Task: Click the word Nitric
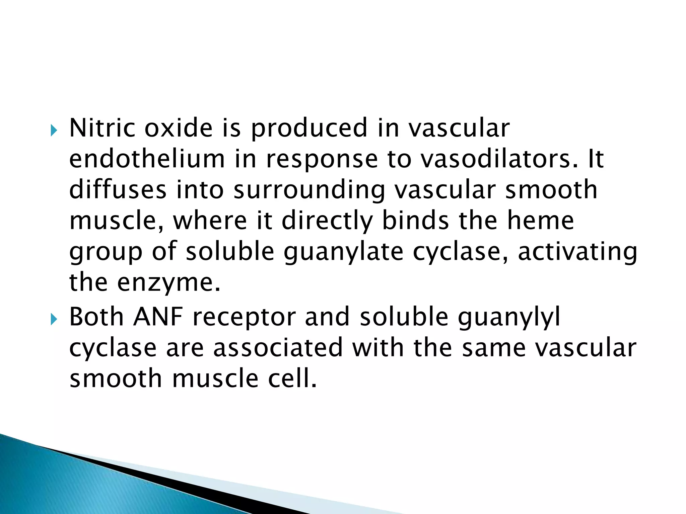(x=102, y=128)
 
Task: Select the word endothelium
(x=147, y=159)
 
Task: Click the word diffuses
(x=118, y=190)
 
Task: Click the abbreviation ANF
(x=158, y=317)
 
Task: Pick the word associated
(x=278, y=348)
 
